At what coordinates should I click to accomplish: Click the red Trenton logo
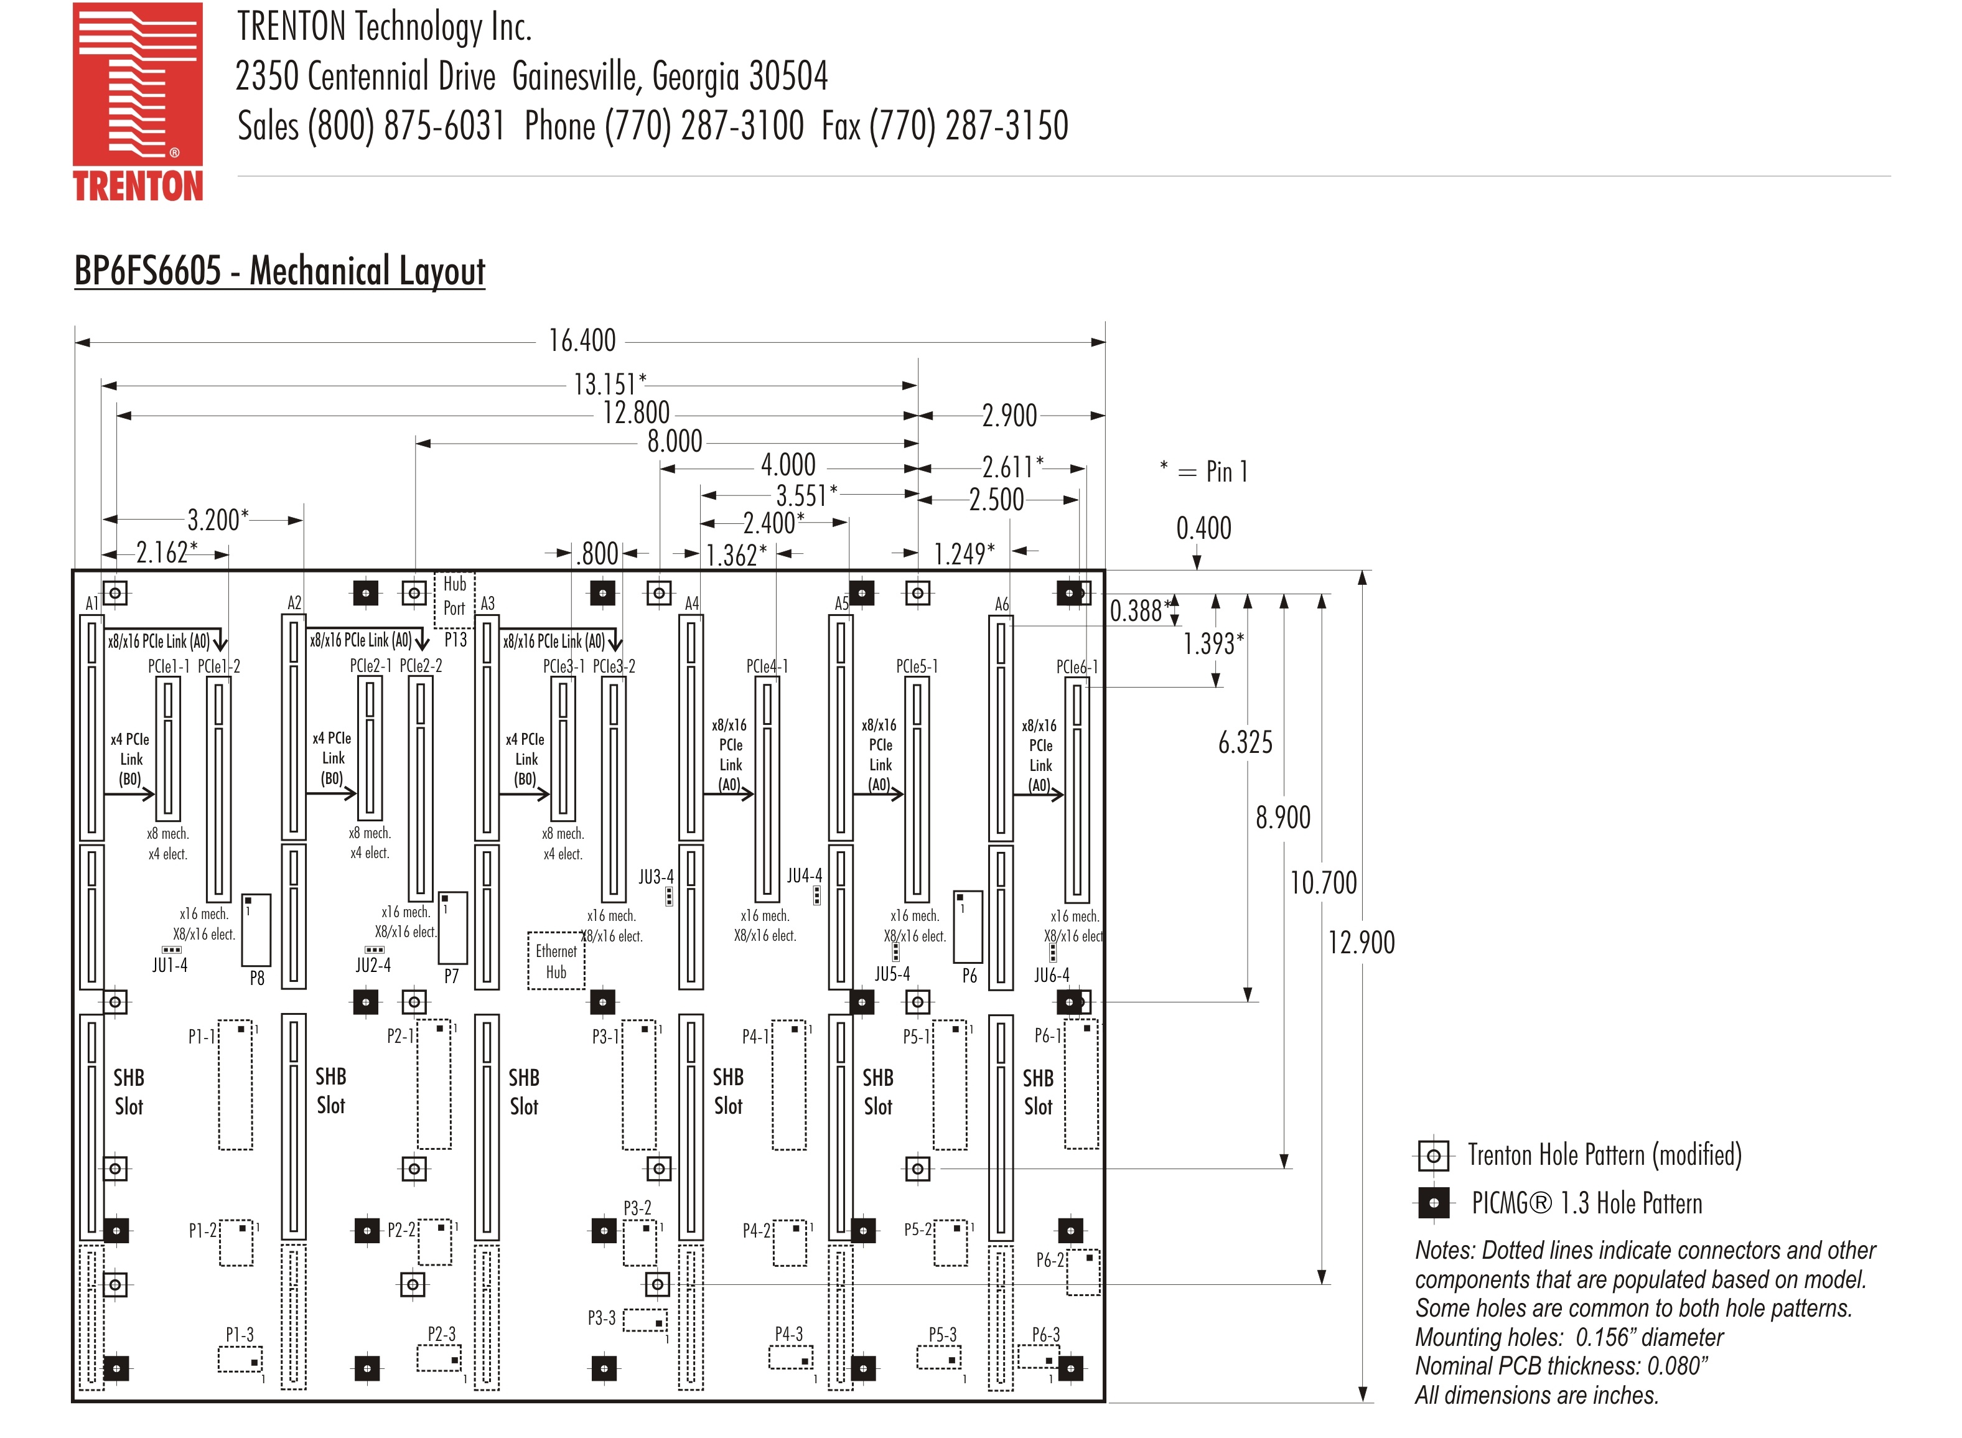pos(138,101)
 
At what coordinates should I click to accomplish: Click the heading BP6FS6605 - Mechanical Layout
pos(279,271)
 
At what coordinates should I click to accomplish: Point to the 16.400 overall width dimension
pos(581,340)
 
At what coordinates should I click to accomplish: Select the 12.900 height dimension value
pos(1360,942)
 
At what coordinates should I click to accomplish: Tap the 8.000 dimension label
pos(674,441)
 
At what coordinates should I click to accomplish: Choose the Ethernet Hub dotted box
pos(555,961)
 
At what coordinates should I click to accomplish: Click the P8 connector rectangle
pos(256,930)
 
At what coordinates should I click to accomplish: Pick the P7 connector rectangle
pos(452,928)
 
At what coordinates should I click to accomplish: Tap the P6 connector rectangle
pos(968,927)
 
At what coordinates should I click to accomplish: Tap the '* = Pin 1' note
pos(1204,472)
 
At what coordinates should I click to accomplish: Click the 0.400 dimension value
pos(1203,528)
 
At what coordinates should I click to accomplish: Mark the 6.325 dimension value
pos(1245,742)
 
